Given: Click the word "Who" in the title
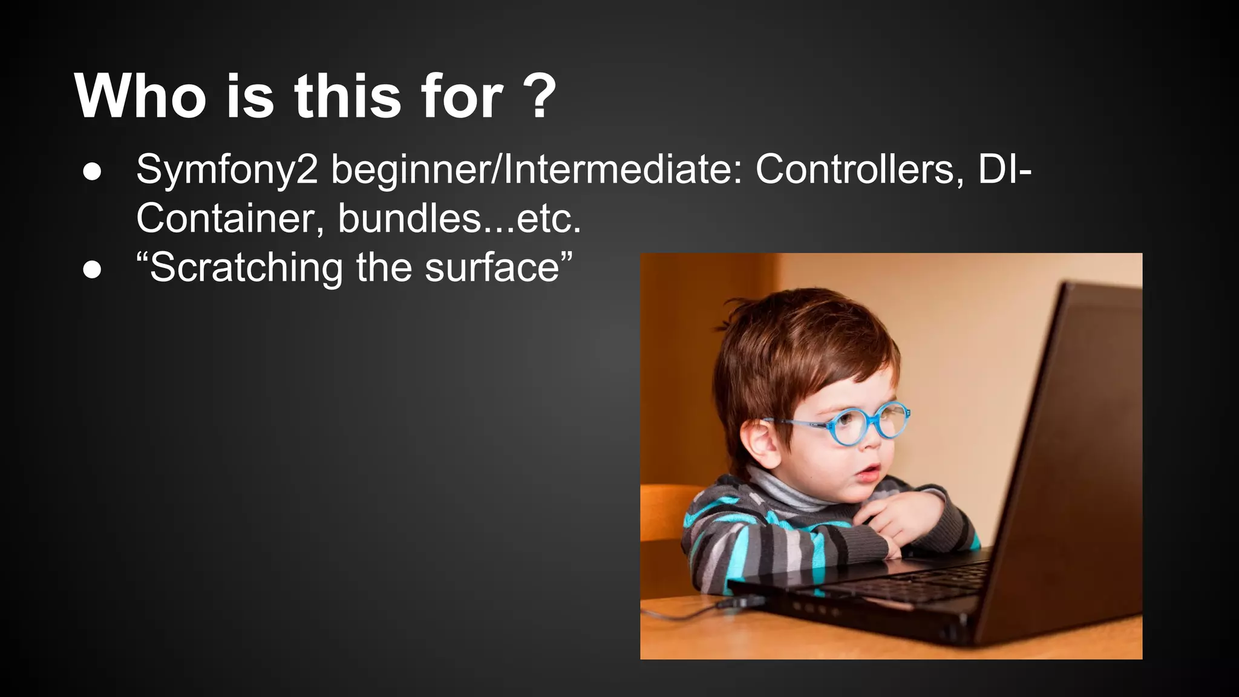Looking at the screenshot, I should (x=140, y=96).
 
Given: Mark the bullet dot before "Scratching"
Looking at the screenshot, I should (x=92, y=270).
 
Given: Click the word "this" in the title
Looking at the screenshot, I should (x=348, y=96).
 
